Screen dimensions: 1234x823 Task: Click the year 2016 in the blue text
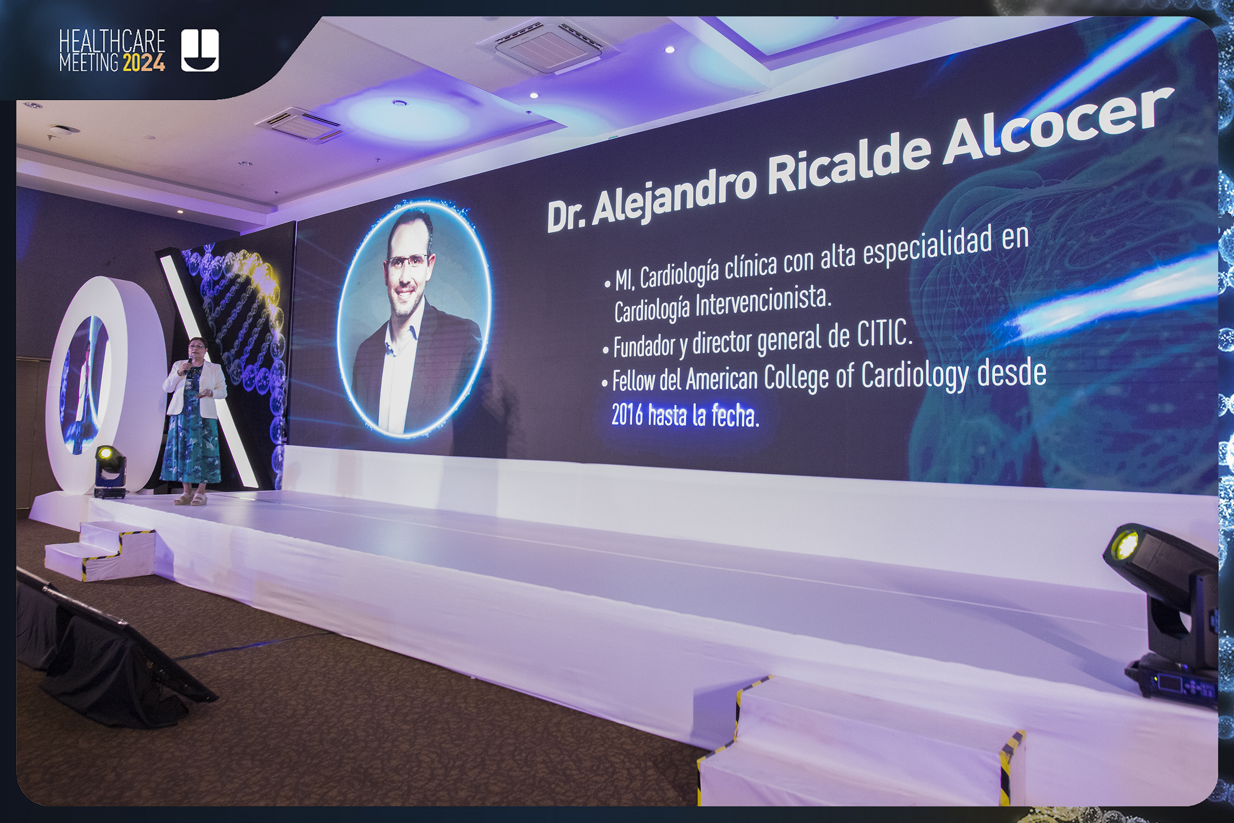click(x=627, y=415)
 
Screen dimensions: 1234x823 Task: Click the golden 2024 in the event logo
click(x=144, y=63)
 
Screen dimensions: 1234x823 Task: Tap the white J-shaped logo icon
click(x=200, y=50)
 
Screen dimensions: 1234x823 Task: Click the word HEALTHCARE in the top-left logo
click(x=112, y=41)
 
